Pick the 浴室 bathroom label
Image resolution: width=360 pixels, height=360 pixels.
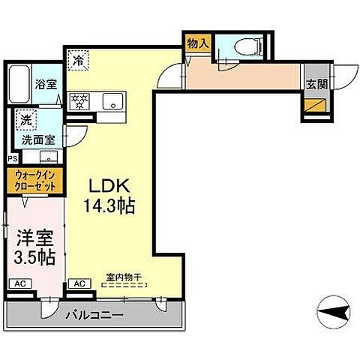click(46, 84)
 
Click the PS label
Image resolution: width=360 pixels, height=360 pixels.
click(11, 159)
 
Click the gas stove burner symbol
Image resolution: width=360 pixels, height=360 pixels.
click(79, 100)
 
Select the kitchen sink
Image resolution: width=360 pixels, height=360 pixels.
click(112, 100)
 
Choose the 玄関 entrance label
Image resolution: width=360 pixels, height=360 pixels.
click(315, 84)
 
